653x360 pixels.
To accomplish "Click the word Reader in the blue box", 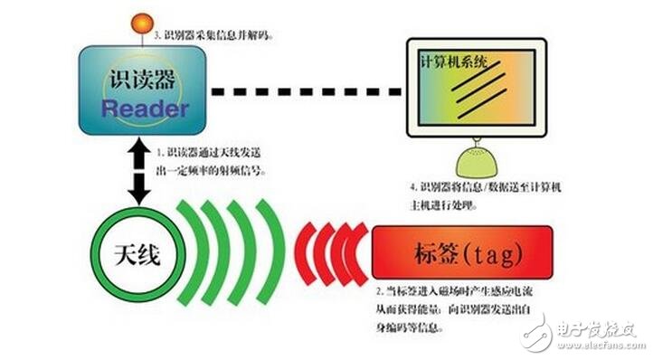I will [144, 109].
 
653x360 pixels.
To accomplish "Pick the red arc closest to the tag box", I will [358, 251].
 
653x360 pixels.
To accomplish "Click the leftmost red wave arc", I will [303, 251].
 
